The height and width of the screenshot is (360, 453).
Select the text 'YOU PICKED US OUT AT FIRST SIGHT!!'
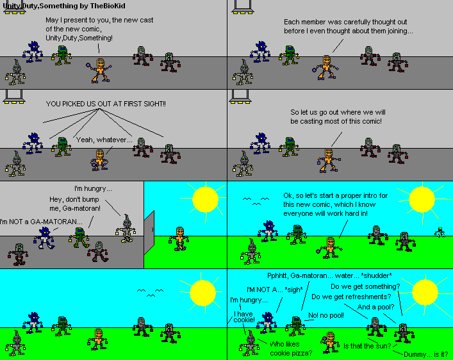point(105,104)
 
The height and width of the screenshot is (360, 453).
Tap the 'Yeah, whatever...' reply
point(104,140)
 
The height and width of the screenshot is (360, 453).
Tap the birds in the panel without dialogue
point(148,293)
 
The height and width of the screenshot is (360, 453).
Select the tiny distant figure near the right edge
point(440,231)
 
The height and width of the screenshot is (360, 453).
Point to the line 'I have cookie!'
point(243,317)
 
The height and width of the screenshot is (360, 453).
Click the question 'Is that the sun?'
point(367,346)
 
